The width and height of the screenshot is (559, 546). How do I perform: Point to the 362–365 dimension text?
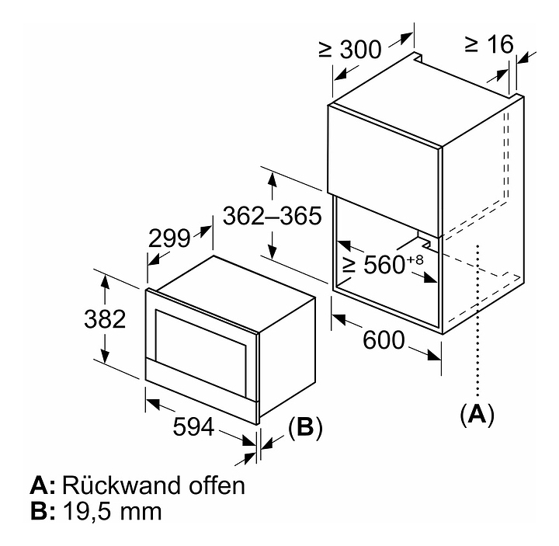272,215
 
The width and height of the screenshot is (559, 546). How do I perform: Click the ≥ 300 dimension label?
350,50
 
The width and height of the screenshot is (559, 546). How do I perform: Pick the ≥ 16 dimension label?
489,44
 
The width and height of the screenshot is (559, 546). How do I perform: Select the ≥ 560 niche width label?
377,265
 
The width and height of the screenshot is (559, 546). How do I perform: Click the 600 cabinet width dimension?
383,339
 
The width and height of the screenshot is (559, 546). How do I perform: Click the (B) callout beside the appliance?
305,426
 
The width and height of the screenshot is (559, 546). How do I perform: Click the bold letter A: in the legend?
43,486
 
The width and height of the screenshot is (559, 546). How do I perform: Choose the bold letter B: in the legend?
43,512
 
